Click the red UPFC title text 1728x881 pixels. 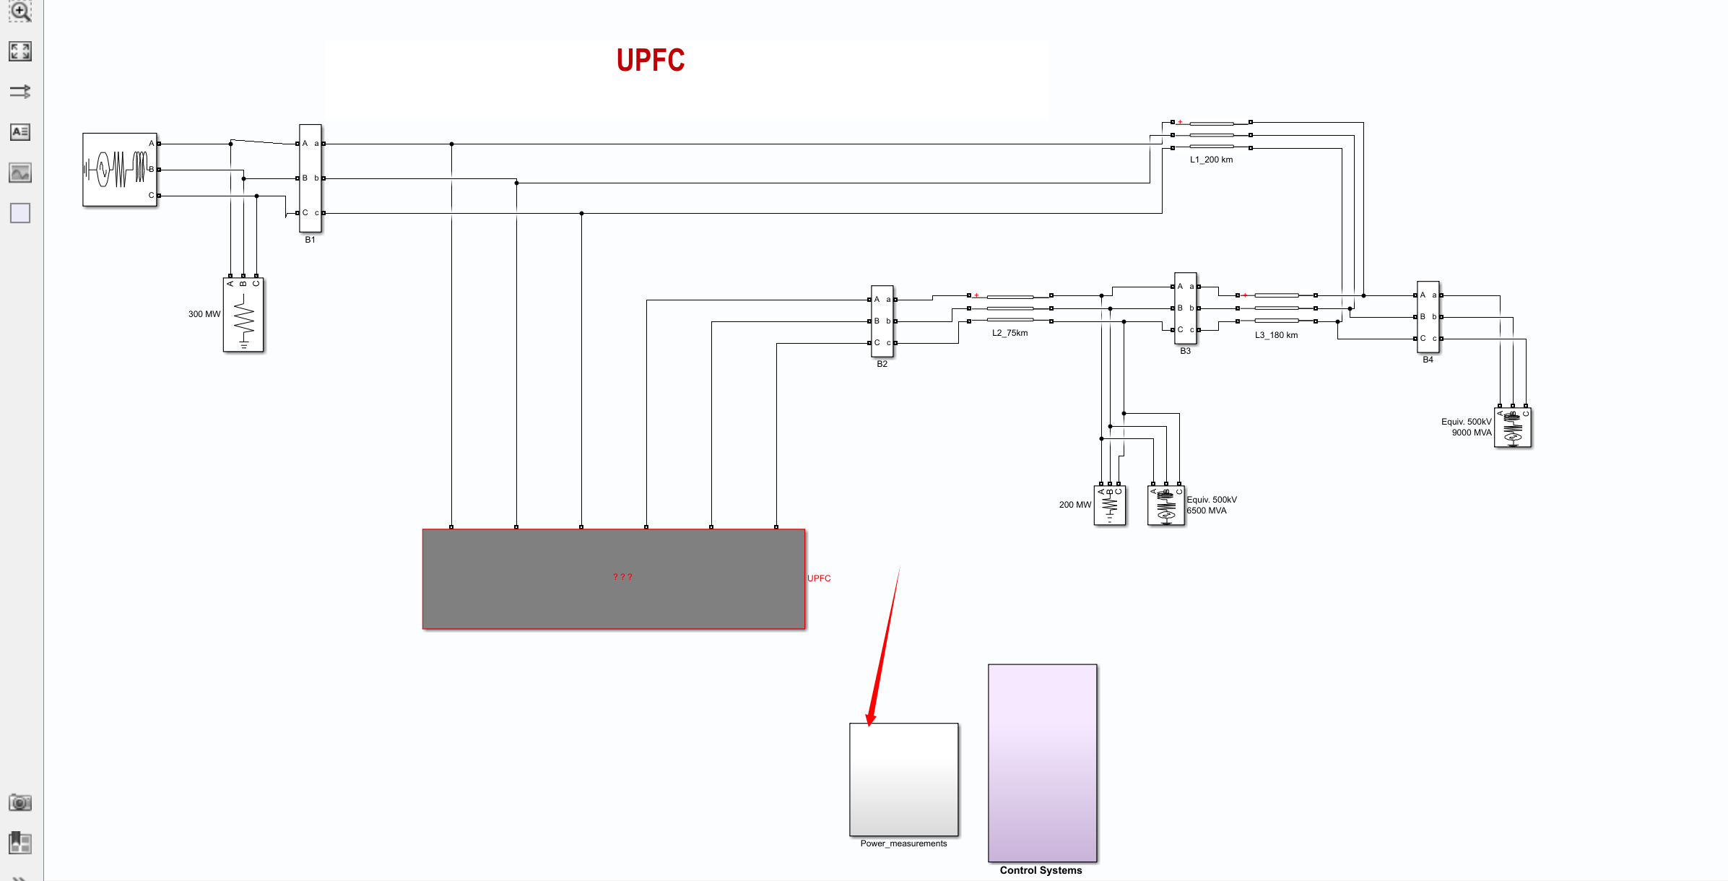[x=650, y=61]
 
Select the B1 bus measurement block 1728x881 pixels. [x=310, y=178]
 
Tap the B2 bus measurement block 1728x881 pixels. [x=882, y=321]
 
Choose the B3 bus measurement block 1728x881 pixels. [x=1185, y=308]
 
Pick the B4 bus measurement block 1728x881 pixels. [x=1428, y=317]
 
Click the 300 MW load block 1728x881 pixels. [x=243, y=315]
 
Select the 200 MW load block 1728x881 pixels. [x=1109, y=505]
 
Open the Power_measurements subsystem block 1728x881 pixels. [x=903, y=780]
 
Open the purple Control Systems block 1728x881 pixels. [x=1042, y=763]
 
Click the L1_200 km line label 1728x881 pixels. [x=1211, y=160]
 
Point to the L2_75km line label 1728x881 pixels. [x=1010, y=333]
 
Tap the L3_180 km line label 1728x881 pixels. [x=1276, y=335]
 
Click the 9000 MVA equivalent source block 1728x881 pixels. [x=1512, y=428]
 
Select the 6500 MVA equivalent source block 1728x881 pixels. [x=1165, y=505]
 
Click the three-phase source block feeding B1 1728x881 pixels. [x=120, y=170]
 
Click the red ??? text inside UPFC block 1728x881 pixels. [x=622, y=577]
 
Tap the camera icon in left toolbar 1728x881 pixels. [x=20, y=802]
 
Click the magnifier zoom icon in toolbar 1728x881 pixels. [x=20, y=12]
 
